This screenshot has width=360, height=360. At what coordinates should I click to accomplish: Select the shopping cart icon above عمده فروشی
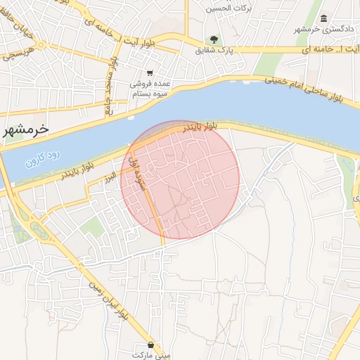(x=150, y=73)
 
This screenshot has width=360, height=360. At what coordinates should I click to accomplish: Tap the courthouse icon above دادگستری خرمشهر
(x=323, y=18)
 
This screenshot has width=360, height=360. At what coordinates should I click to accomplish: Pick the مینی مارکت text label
(x=153, y=355)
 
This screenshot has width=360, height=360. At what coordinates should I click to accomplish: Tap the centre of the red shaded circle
(x=180, y=179)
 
